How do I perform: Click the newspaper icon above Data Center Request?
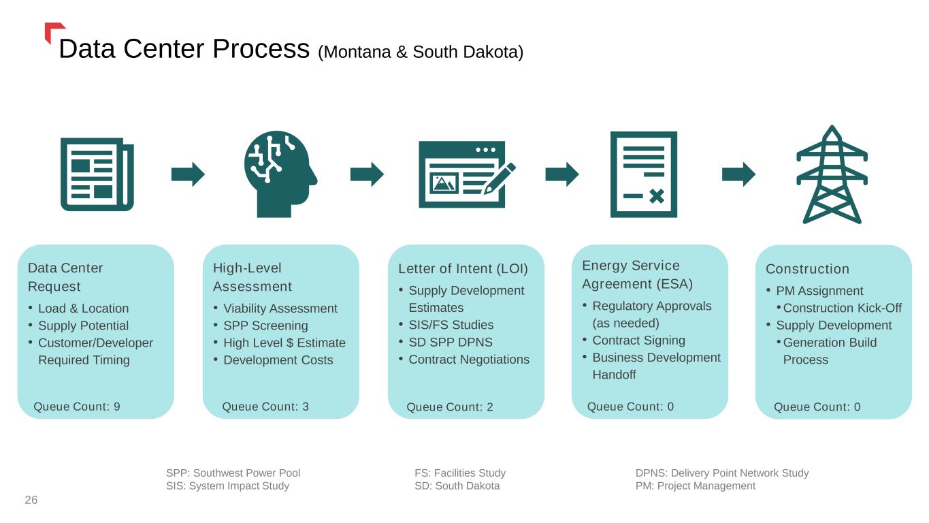click(97, 174)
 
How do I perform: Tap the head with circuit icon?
click(279, 174)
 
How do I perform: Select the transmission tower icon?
click(832, 176)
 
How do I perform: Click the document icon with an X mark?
click(643, 174)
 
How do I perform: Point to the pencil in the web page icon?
click(500, 178)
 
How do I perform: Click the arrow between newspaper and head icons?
click(188, 174)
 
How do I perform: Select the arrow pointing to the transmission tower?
click(738, 174)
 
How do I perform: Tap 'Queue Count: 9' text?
click(77, 407)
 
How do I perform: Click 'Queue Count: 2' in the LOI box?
click(449, 407)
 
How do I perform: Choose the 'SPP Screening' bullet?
click(265, 326)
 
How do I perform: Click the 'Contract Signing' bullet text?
click(638, 340)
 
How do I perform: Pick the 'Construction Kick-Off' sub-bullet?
click(842, 308)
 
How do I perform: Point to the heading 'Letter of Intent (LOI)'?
click(463, 269)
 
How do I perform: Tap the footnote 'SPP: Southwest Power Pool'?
click(233, 473)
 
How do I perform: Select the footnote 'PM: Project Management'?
click(695, 486)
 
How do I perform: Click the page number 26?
click(31, 501)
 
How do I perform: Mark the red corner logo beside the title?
click(52, 31)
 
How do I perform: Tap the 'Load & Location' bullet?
click(83, 308)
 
